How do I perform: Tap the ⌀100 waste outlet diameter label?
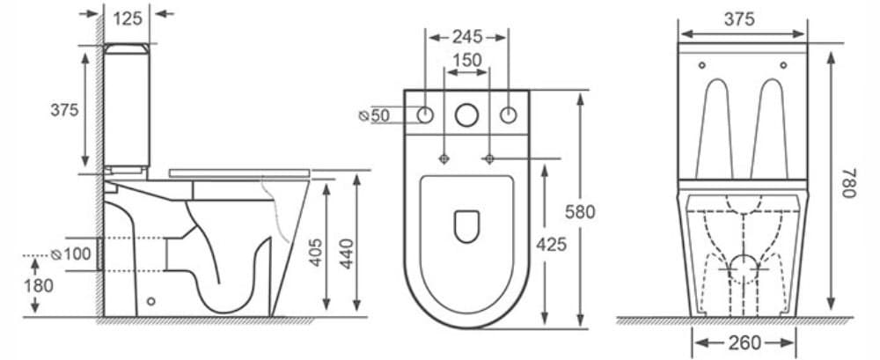[72, 254]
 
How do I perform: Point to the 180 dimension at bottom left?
[39, 285]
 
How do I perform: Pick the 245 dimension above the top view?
[466, 36]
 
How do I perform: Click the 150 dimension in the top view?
[466, 60]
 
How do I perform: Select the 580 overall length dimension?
[581, 211]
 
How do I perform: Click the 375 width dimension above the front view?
[743, 18]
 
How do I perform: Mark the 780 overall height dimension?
[847, 184]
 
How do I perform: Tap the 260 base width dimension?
[744, 342]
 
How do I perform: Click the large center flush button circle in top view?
[466, 114]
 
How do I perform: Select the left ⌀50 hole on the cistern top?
[425, 114]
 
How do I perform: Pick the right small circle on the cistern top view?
[508, 114]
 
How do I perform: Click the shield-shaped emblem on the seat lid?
[466, 226]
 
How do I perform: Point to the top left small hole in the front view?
[701, 65]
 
